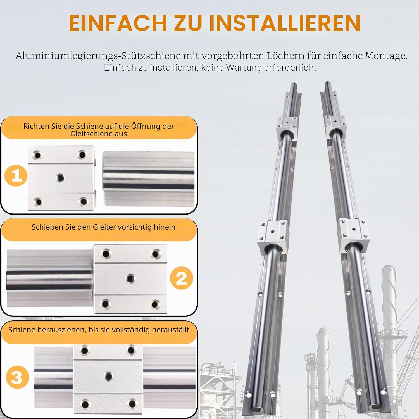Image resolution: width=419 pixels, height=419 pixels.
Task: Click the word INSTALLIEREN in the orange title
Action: pos(285,23)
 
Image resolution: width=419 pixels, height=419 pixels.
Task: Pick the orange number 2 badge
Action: pos(182,278)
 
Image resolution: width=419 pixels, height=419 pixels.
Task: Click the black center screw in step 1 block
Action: pos(60,177)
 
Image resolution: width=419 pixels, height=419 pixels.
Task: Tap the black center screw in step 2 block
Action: pos(130,278)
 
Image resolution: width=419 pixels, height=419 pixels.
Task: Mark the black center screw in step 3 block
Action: pos(108,376)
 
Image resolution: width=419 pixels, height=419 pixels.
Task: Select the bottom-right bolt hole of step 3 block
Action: pos(132,403)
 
